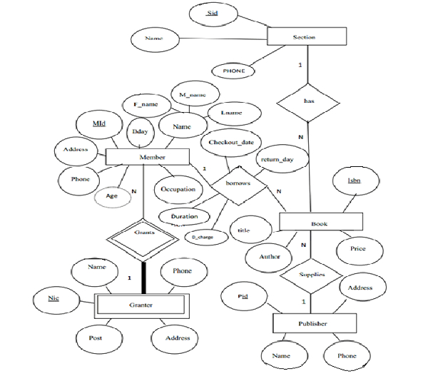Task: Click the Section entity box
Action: click(306, 36)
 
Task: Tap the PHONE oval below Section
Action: click(233, 71)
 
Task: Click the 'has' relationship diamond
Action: click(309, 101)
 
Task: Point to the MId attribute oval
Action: click(99, 125)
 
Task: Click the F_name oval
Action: click(146, 105)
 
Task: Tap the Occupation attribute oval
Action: click(178, 189)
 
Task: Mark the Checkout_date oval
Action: click(231, 143)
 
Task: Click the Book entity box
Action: click(318, 223)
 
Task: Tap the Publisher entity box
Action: click(313, 324)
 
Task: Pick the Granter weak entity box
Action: click(141, 305)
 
